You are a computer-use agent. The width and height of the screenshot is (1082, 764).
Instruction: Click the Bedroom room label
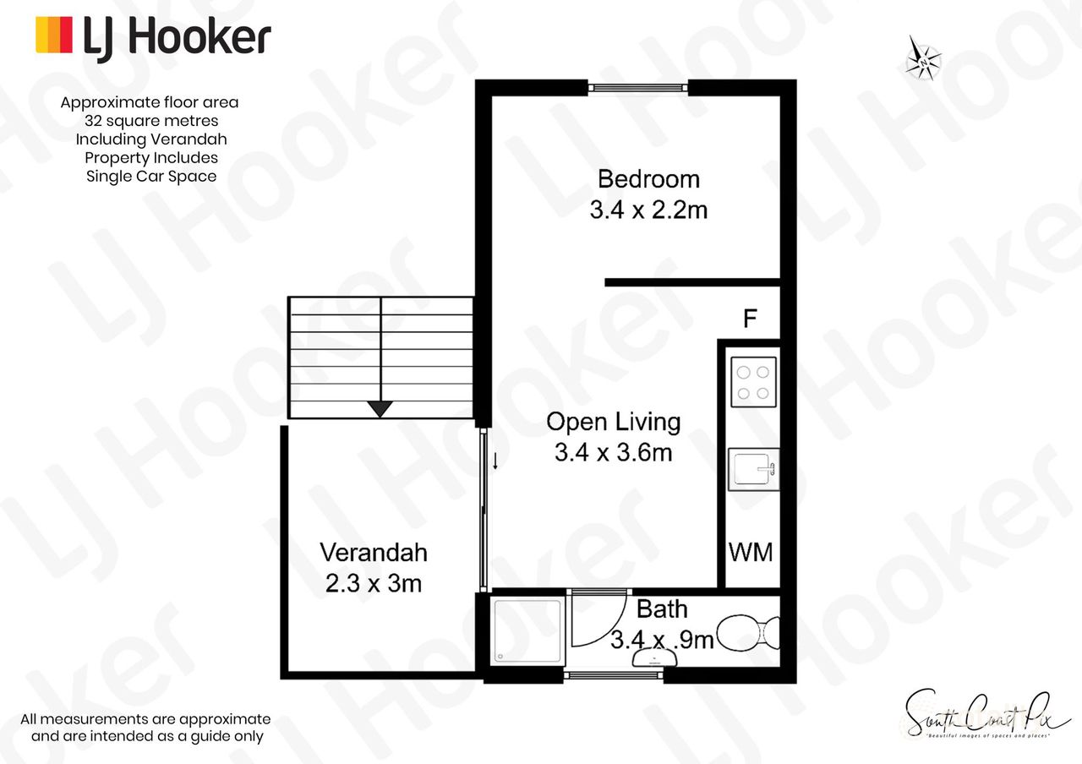[x=648, y=179]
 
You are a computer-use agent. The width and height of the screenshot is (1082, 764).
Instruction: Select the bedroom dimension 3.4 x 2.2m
[x=648, y=210]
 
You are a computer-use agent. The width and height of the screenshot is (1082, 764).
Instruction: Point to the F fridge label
[x=749, y=319]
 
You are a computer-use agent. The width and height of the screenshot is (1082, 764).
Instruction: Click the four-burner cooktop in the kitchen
[x=752, y=382]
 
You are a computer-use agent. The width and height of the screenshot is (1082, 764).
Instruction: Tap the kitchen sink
[x=752, y=469]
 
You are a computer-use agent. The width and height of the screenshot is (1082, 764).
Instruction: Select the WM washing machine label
[x=751, y=553]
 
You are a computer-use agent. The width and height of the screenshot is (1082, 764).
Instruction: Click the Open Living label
[x=613, y=421]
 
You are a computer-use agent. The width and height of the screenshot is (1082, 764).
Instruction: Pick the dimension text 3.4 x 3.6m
[x=613, y=453]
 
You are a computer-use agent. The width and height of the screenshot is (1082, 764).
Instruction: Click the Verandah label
[x=373, y=553]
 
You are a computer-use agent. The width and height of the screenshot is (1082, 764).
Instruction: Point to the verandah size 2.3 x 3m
[x=373, y=583]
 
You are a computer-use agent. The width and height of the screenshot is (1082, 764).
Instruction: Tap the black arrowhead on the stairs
[x=380, y=409]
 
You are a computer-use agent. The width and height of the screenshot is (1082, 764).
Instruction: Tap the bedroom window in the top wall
[x=637, y=87]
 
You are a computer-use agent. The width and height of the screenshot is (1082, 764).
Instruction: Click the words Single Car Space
[x=150, y=176]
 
